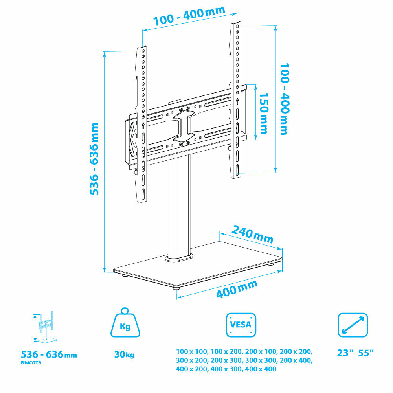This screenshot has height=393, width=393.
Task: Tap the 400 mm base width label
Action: point(237,289)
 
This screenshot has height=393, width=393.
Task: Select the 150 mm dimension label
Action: point(264,113)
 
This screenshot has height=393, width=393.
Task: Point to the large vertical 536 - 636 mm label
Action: point(94,159)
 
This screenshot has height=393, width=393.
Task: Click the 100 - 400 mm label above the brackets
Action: point(189,16)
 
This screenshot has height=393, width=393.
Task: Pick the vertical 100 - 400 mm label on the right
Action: point(285,99)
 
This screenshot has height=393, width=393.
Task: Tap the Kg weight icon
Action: point(125,323)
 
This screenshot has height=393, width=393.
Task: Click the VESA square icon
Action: point(241,325)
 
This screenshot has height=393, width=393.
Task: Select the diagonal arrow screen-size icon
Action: point(353,325)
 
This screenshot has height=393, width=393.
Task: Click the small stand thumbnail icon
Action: point(45,327)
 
